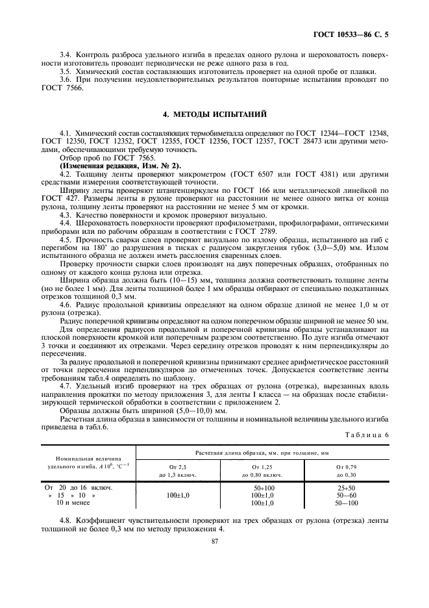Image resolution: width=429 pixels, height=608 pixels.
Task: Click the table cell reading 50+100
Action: point(263,487)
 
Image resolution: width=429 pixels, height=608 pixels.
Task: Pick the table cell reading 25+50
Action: point(345,487)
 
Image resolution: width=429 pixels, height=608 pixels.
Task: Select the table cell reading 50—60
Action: point(345,495)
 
